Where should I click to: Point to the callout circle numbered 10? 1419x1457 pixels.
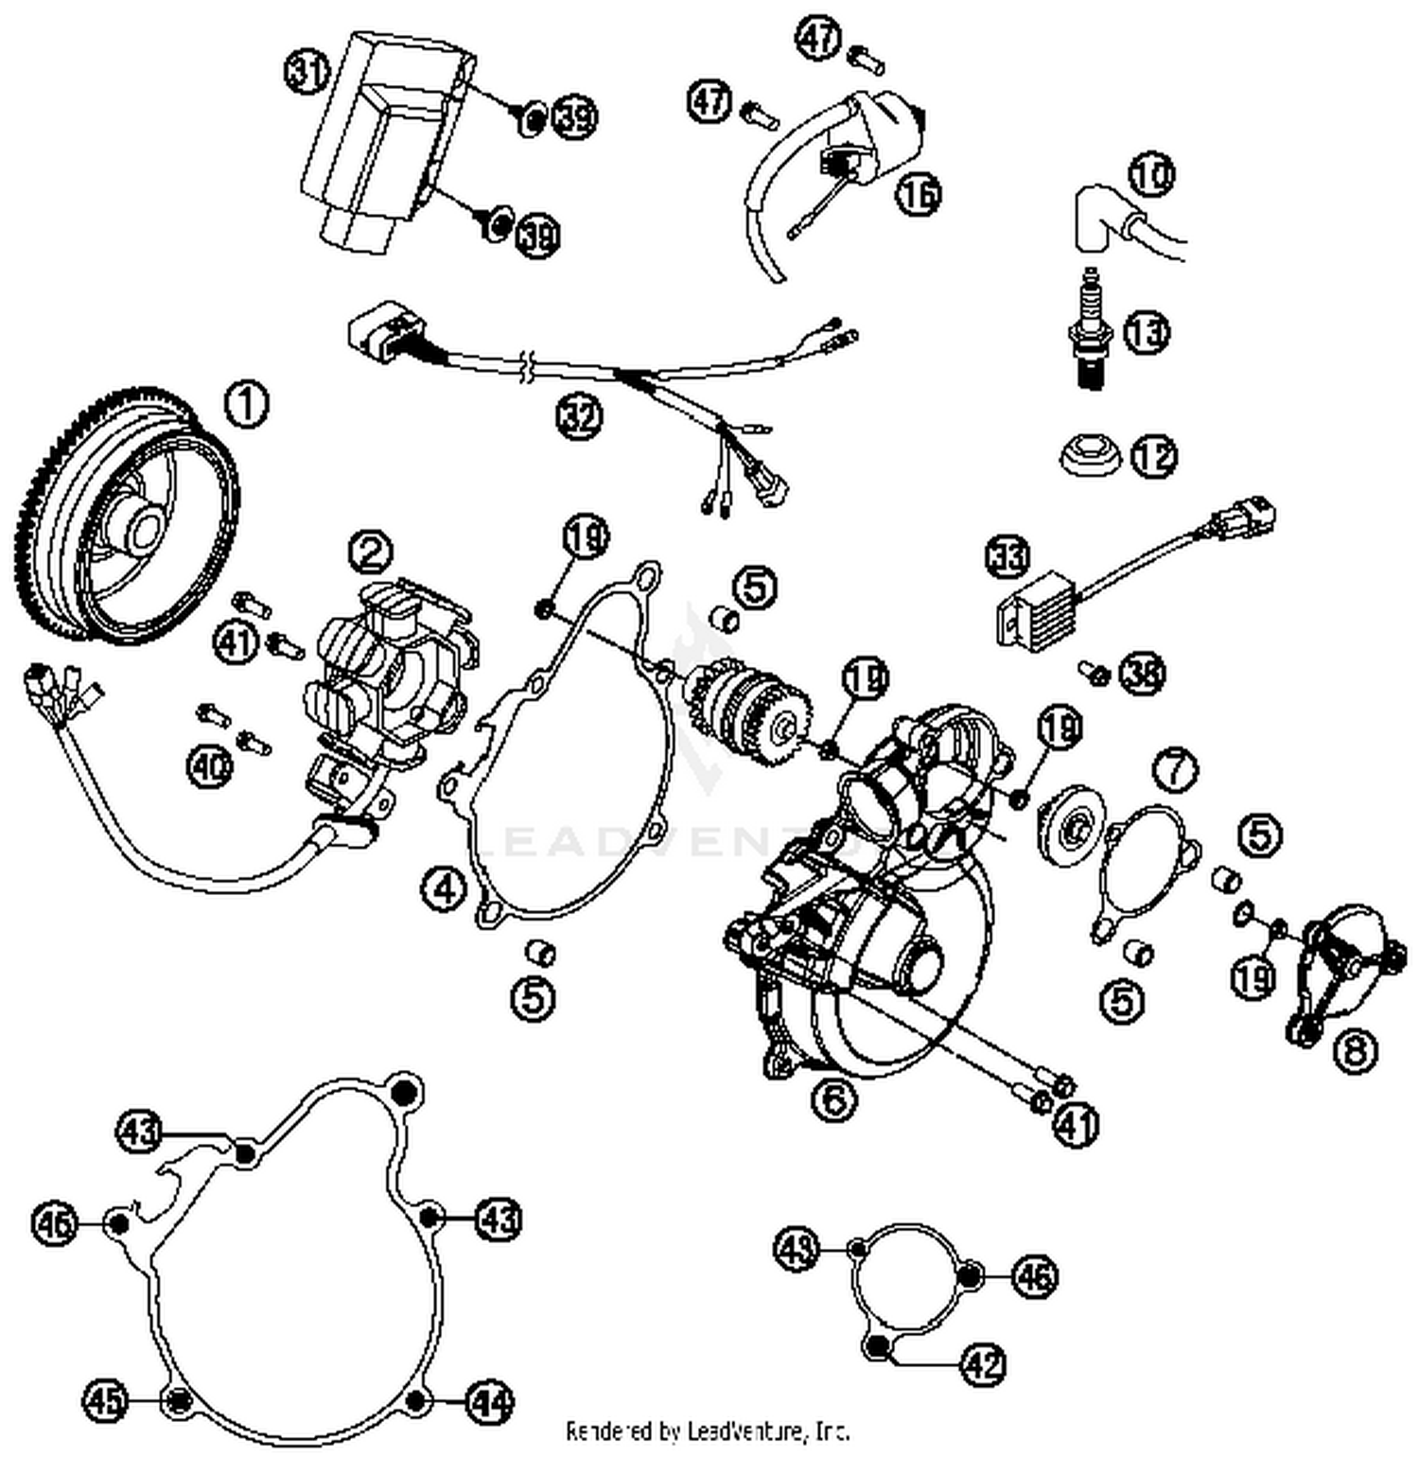1151,174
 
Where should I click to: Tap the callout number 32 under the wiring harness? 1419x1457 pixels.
579,415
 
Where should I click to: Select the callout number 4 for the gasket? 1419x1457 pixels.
445,889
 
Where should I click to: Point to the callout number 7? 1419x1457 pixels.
1175,770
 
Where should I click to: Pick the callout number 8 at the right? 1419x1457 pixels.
1355,1049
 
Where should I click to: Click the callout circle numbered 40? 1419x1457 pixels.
209,764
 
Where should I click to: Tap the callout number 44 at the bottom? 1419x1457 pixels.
489,1402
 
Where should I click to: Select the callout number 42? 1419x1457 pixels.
983,1363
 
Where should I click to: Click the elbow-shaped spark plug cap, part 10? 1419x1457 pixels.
1097,218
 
